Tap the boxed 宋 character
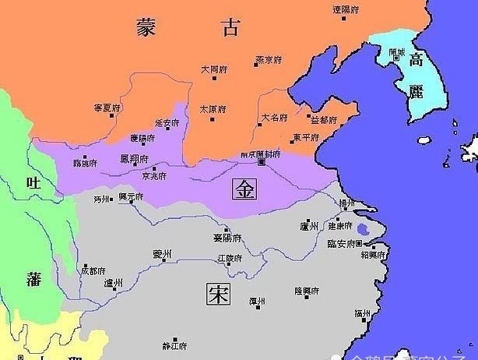(217, 294)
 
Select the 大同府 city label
(213, 69)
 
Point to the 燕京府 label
(267, 60)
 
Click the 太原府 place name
(212, 108)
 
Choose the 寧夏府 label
(107, 107)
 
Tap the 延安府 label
(167, 123)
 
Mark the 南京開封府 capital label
(260, 154)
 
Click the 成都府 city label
(93, 270)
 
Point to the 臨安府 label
(342, 244)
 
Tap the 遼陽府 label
(346, 11)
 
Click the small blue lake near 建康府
(363, 229)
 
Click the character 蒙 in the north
(146, 28)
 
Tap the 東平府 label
(306, 138)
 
